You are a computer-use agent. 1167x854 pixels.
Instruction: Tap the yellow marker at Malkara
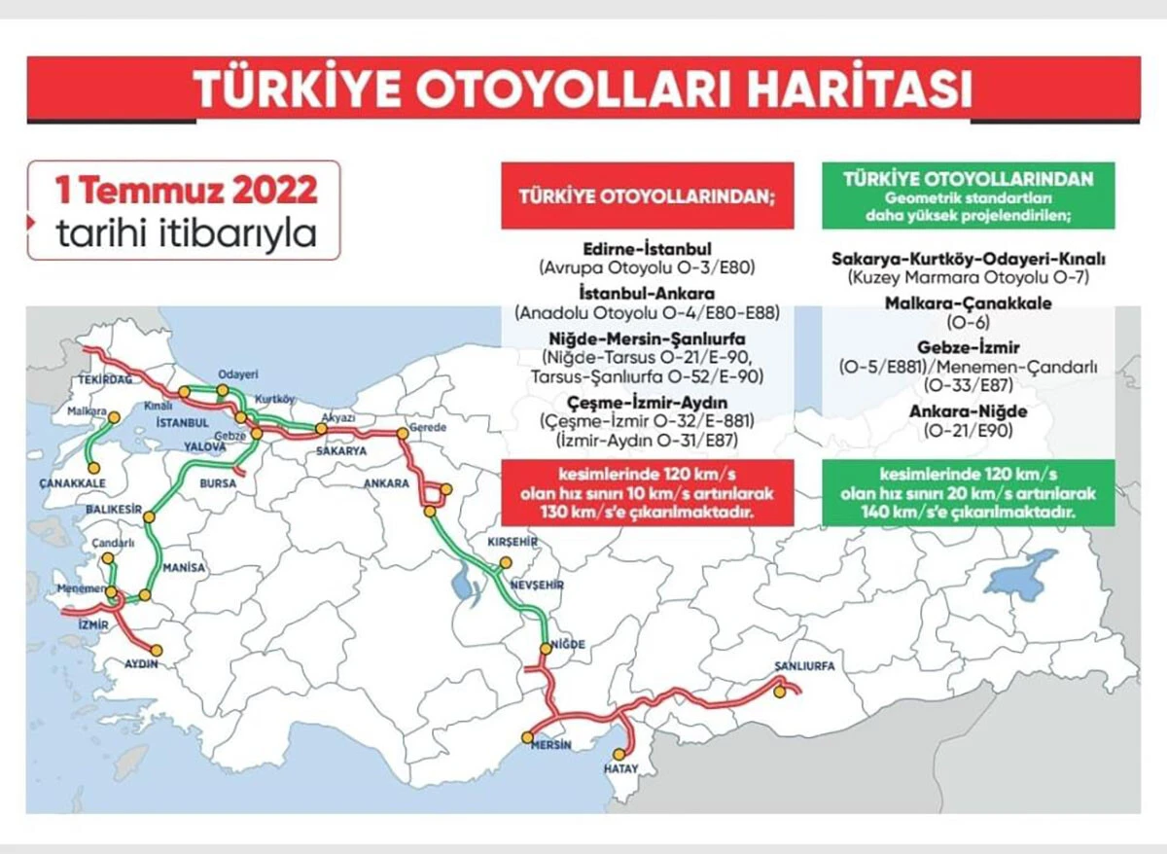tap(113, 418)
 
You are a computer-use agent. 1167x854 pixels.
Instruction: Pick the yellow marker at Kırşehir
tap(505, 565)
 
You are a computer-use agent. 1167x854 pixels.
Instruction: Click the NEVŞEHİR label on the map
tap(537, 586)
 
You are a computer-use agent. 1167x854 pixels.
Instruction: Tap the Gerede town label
tap(428, 428)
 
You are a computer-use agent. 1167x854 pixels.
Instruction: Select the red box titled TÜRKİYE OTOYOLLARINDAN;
tap(648, 194)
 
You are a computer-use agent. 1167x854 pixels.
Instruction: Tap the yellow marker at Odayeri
tap(223, 390)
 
